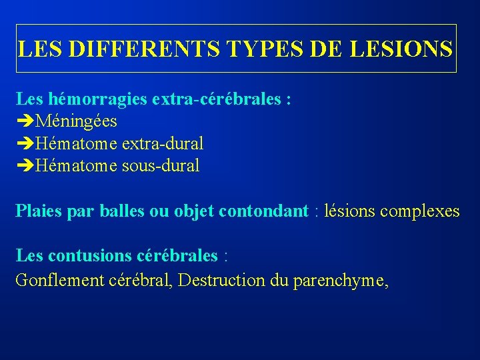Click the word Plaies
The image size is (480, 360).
click(37, 211)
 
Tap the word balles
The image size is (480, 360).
click(121, 211)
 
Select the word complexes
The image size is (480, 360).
click(420, 211)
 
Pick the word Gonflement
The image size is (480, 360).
click(58, 281)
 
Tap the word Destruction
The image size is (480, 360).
click(223, 281)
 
